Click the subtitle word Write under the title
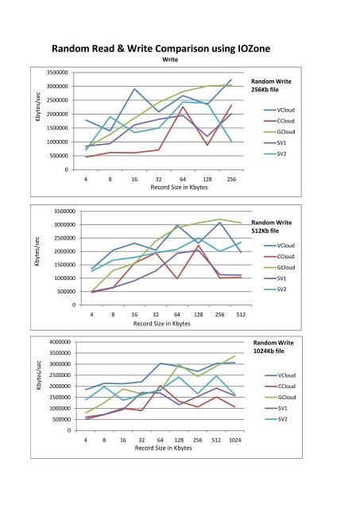169,60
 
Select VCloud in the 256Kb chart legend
286,110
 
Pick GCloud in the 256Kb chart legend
286,132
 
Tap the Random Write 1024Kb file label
274,347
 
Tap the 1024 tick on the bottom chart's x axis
234,440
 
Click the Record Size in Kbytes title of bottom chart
163,448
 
